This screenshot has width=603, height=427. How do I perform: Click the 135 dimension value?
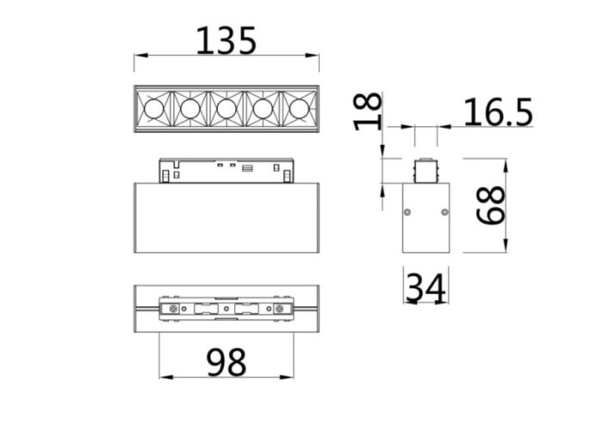[227, 40]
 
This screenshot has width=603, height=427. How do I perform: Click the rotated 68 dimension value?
[492, 207]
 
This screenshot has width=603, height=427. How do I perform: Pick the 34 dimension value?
[426, 287]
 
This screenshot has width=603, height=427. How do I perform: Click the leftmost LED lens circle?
[152, 109]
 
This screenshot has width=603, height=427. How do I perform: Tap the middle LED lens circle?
[226, 109]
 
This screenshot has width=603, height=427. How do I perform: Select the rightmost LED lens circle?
[298, 109]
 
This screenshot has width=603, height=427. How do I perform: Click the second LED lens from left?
[190, 109]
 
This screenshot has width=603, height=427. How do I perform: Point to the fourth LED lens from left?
[262, 109]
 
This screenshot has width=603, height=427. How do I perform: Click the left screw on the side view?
[408, 210]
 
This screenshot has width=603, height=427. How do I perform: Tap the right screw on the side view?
[444, 210]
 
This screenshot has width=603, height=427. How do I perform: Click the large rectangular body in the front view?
[226, 217]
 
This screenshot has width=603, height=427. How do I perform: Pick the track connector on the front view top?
[226, 170]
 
